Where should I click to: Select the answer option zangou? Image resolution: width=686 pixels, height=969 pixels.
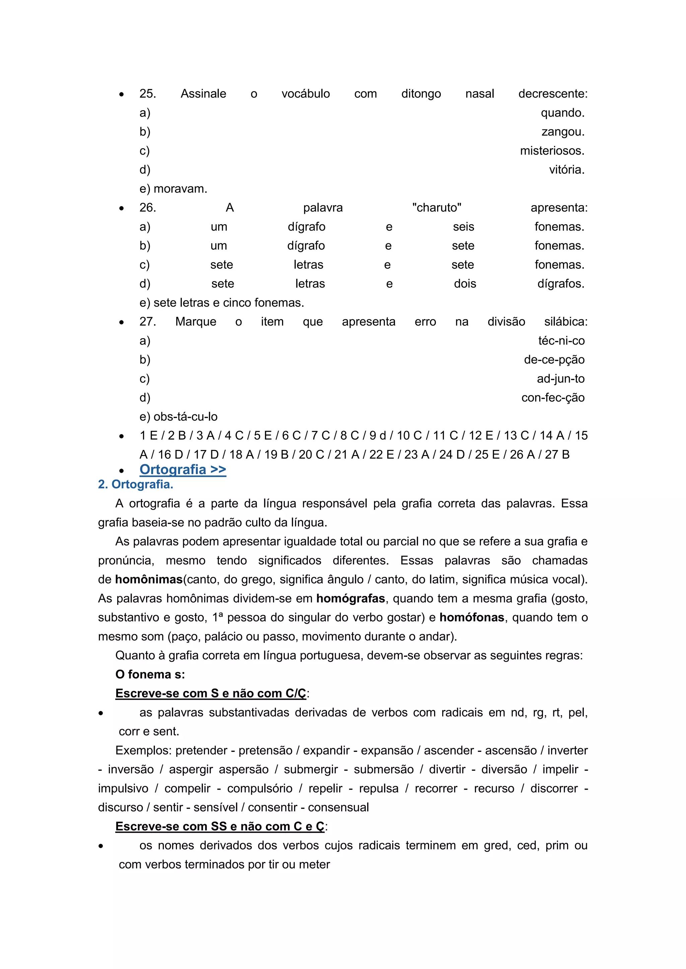coord(563,132)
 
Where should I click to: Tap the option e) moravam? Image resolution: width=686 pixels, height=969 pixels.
coord(173,189)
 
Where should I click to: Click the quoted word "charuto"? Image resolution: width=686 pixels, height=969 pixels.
coord(436,208)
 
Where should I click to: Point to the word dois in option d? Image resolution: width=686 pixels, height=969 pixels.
coord(465,284)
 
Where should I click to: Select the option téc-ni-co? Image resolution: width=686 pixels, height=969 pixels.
coord(561,341)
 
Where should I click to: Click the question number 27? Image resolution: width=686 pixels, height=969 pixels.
coord(147,322)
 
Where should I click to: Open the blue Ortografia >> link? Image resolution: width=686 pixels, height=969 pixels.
coord(183,469)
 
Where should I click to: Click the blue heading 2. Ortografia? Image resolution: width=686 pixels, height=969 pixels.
coord(136,484)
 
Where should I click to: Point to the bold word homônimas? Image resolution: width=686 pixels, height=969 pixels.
coord(149,580)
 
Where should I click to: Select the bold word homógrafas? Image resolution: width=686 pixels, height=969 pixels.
coord(351,599)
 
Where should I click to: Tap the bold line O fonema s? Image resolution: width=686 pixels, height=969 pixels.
coord(150,675)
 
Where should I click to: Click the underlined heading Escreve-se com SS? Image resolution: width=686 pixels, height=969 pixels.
coord(220,826)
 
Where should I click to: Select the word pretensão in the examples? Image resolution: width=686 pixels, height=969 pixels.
coord(265,751)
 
